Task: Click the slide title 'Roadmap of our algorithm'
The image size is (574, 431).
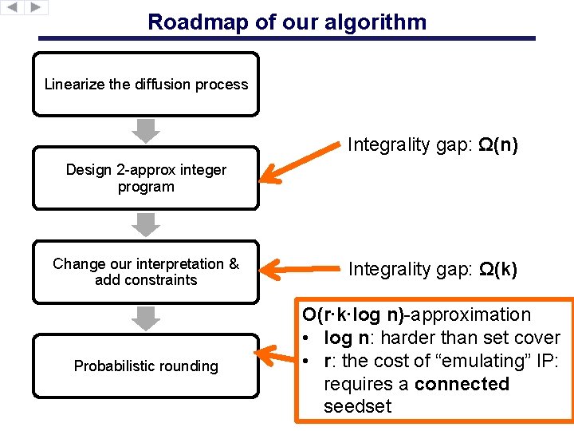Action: pyautogui.click(x=287, y=22)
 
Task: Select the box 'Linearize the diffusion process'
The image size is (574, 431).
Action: pyautogui.click(x=146, y=85)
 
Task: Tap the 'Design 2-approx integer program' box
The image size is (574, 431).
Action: pyautogui.click(x=146, y=178)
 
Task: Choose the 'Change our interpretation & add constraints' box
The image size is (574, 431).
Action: pyautogui.click(x=146, y=271)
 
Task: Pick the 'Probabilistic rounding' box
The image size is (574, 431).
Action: pyautogui.click(x=146, y=366)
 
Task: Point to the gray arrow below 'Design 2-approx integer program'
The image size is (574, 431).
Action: pyautogui.click(x=146, y=225)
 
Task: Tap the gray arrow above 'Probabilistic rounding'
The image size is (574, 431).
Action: pyautogui.click(x=146, y=318)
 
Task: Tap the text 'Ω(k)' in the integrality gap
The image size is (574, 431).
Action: pyautogui.click(x=497, y=270)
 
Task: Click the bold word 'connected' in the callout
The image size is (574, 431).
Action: pyautogui.click(x=462, y=384)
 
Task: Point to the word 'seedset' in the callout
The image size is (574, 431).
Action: pyautogui.click(x=357, y=406)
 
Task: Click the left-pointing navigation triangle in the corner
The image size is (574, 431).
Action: pyautogui.click(x=12, y=7)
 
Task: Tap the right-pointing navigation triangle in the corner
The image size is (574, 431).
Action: pyautogui.click(x=37, y=7)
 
